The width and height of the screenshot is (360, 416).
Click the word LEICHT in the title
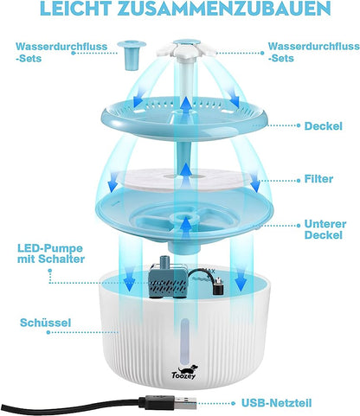click(76, 8)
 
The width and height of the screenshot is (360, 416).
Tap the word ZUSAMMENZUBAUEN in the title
click(224, 8)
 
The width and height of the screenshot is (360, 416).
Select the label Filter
click(318, 179)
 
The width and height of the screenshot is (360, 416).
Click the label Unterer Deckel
click(325, 229)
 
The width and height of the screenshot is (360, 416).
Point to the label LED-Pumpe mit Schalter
click(51, 253)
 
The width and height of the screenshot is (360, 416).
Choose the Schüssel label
click(45, 323)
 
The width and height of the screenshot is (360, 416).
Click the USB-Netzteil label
click(277, 403)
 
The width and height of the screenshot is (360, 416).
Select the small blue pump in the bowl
click(167, 281)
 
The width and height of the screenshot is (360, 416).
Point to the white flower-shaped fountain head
click(186, 48)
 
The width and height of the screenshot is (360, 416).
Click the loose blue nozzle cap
click(132, 54)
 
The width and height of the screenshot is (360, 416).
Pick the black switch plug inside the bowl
click(218, 285)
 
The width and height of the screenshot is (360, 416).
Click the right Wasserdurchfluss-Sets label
click(314, 52)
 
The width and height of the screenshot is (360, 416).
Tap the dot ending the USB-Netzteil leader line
click(234, 403)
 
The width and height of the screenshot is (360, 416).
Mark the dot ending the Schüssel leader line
click(48, 332)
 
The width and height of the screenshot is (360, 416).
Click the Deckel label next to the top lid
click(324, 126)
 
